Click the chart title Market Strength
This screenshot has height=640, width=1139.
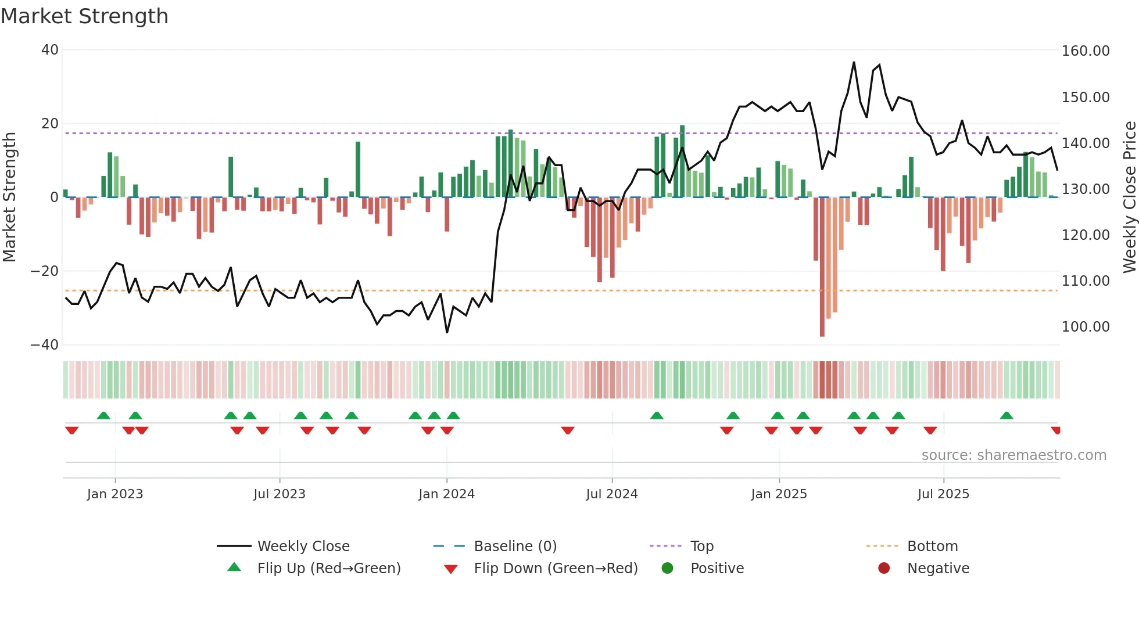click(x=84, y=16)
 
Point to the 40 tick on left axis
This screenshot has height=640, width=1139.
click(x=50, y=50)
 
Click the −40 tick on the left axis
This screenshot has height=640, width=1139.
click(x=45, y=345)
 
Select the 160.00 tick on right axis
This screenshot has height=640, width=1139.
click(x=1086, y=51)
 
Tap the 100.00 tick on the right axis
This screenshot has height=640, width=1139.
click(x=1086, y=327)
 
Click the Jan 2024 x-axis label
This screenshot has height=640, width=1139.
click(x=446, y=494)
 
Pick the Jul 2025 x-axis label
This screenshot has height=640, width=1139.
click(x=943, y=494)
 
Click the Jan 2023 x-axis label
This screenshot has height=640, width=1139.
click(x=115, y=494)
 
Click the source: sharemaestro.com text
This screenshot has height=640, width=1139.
click(x=1013, y=455)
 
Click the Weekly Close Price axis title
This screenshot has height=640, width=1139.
click(x=1129, y=197)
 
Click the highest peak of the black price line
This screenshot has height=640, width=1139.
click(x=854, y=62)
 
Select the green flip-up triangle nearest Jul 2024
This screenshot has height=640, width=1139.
click(x=657, y=416)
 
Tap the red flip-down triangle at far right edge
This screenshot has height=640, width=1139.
click(x=1056, y=430)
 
